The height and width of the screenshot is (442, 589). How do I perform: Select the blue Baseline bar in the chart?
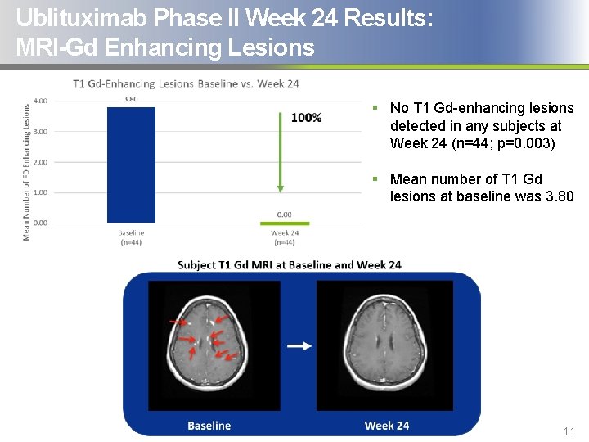point(131,165)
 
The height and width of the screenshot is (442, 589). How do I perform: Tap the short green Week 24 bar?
point(284,222)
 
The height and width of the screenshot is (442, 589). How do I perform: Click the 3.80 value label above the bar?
point(131,100)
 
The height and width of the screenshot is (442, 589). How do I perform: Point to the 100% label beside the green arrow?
point(306,118)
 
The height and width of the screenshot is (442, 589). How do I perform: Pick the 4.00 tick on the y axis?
point(40,101)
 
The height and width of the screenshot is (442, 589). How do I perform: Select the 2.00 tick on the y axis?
point(40,162)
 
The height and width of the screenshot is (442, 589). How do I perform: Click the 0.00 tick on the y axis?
point(40,223)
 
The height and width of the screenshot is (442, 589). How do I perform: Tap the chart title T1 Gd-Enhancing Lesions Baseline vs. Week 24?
point(186,83)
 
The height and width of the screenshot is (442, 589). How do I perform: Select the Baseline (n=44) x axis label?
point(131,237)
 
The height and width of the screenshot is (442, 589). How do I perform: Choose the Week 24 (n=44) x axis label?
point(284,237)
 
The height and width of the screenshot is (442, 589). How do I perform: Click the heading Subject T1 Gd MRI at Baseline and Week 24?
point(290,264)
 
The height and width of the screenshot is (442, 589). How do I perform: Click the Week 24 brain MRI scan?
point(384,345)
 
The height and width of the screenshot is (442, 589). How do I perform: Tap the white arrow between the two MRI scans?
point(299,345)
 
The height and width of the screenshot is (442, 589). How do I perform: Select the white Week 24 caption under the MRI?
point(386,426)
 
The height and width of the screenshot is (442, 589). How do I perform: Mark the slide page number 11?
point(569,431)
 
